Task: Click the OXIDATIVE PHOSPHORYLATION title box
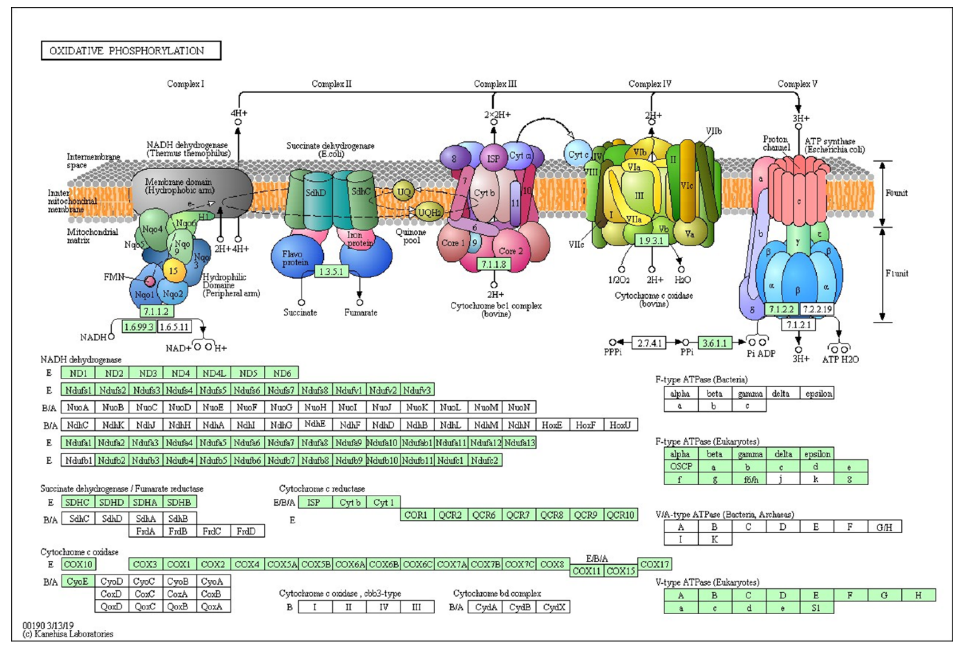[131, 51]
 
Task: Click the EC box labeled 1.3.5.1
[331, 271]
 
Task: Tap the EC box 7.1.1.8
[493, 264]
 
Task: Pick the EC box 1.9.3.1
[651, 240]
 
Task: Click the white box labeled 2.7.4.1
[649, 343]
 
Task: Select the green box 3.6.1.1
[714, 343]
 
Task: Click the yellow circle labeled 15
[173, 271]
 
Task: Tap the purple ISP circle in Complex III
[493, 158]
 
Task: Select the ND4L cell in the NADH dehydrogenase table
[214, 373]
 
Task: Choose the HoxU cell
[620, 425]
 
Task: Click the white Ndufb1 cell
[78, 460]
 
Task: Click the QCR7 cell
[518, 515]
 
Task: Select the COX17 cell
[654, 564]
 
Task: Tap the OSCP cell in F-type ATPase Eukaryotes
[681, 466]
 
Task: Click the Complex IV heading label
[650, 84]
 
